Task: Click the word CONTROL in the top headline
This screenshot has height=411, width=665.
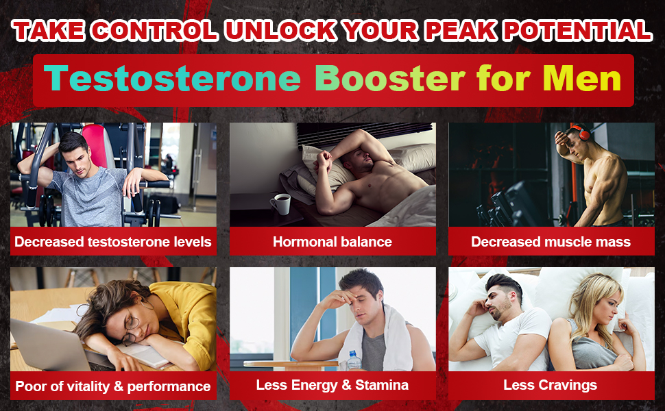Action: pyautogui.click(x=154, y=31)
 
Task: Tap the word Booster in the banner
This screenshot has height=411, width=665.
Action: pyautogui.click(x=390, y=78)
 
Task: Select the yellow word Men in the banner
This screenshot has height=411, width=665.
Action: pyautogui.click(x=582, y=78)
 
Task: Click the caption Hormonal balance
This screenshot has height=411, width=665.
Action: pyautogui.click(x=332, y=242)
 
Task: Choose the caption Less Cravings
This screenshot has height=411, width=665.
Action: pyautogui.click(x=550, y=385)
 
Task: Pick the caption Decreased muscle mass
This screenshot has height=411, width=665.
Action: pyautogui.click(x=551, y=242)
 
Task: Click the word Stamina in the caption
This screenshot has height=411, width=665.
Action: pyautogui.click(x=382, y=385)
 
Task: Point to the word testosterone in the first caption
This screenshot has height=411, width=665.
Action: pyautogui.click(x=128, y=242)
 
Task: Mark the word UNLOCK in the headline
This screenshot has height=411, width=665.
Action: pyautogui.click(x=280, y=31)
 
